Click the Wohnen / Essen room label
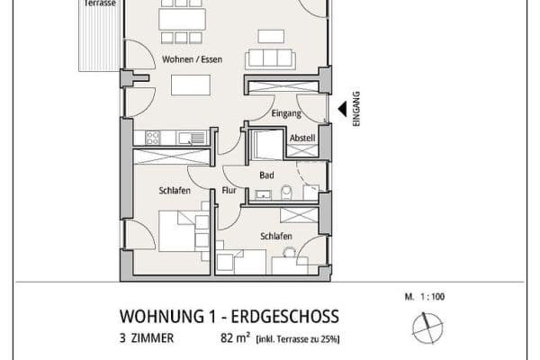(x=192, y=59)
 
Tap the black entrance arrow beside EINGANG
(x=343, y=109)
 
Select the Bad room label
(x=267, y=175)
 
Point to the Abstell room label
(x=302, y=138)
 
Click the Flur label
(x=229, y=190)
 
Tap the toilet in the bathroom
(x=286, y=193)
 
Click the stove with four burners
(x=152, y=138)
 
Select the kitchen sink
(x=192, y=138)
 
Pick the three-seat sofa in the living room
(x=270, y=59)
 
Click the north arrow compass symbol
(x=427, y=328)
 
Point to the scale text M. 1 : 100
(x=425, y=297)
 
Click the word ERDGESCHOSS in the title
(x=284, y=317)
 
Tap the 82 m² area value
(x=235, y=338)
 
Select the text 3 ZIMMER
(x=147, y=338)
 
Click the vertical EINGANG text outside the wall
(x=356, y=109)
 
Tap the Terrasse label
(x=100, y=3)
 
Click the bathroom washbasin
(x=263, y=195)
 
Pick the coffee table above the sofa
(x=271, y=37)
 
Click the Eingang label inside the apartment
(x=286, y=113)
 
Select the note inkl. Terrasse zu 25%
(x=298, y=339)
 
